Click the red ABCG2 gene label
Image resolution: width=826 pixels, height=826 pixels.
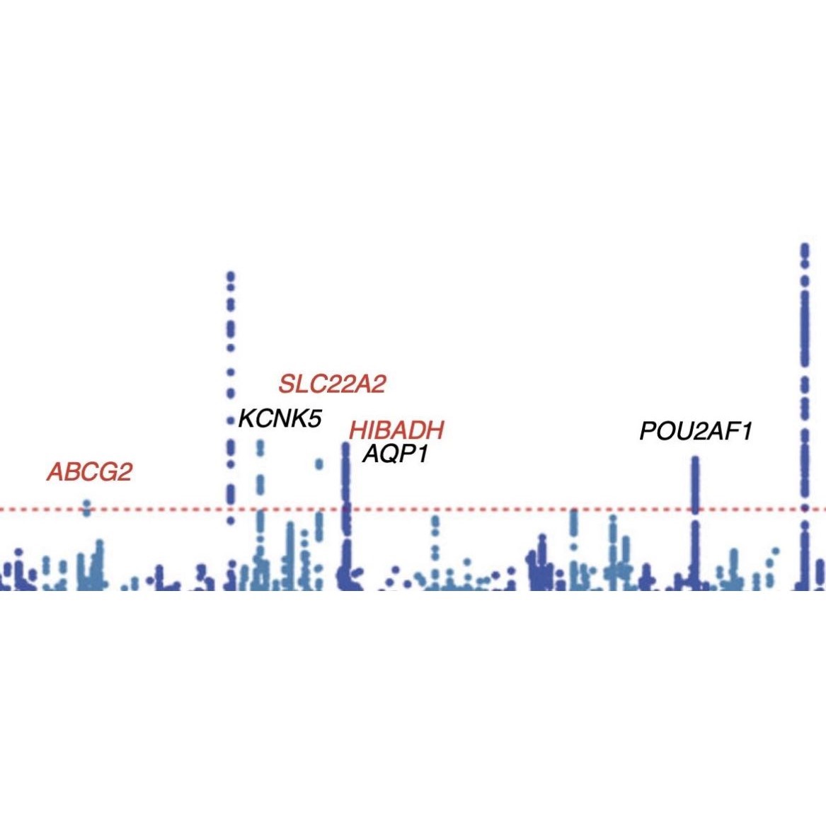pyautogui.click(x=90, y=472)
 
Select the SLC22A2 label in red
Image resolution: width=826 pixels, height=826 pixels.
pyautogui.click(x=332, y=384)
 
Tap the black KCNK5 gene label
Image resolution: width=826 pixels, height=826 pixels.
pyautogui.click(x=280, y=418)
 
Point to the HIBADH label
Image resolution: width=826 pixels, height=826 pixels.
pyautogui.click(x=396, y=430)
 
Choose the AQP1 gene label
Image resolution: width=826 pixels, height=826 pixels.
pyautogui.click(x=396, y=454)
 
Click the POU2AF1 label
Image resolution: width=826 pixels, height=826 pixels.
pyautogui.click(x=695, y=431)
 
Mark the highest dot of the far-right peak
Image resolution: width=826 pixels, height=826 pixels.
pyautogui.click(x=805, y=247)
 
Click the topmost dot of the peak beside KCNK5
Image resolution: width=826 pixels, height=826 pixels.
pyautogui.click(x=230, y=275)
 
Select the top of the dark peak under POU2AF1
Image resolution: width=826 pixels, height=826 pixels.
pyautogui.click(x=695, y=460)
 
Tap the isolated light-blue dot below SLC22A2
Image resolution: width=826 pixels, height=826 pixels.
pyautogui.click(x=319, y=464)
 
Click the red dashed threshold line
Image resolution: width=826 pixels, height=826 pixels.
pyautogui.click(x=495, y=510)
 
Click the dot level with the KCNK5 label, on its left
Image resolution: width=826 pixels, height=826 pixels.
pyautogui.click(x=230, y=421)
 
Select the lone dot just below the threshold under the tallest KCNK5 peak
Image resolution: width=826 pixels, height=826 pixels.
pyautogui.click(x=230, y=522)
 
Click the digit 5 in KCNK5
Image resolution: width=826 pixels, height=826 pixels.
pyautogui.click(x=315, y=418)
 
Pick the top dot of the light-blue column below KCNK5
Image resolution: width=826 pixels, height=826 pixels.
pyautogui.click(x=260, y=444)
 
